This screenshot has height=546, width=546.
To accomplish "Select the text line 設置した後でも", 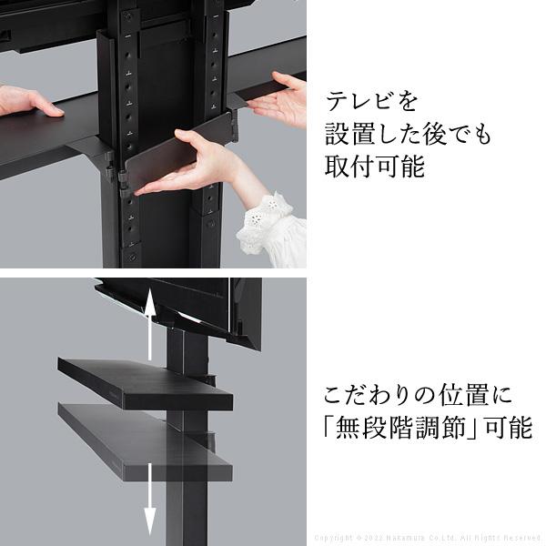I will coord(408,133).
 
